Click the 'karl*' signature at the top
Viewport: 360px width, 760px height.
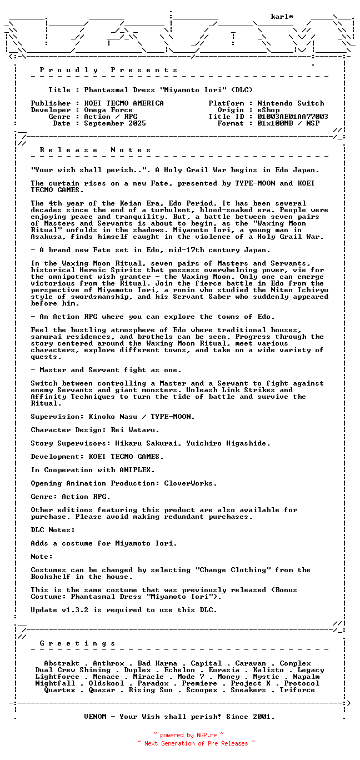pyautogui.click(x=282, y=17)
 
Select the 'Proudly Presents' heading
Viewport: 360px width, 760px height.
pyautogui.click(x=108, y=70)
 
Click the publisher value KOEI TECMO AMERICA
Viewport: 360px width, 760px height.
pyautogui.click(x=124, y=103)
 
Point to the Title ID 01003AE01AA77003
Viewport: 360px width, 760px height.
pyautogui.click(x=293, y=117)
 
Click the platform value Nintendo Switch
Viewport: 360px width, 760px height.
pyautogui.click(x=291, y=103)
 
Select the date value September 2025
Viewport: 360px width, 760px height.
pyautogui.click(x=115, y=123)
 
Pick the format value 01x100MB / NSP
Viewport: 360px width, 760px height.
pyautogui.click(x=288, y=123)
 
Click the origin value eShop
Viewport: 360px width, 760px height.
pyautogui.click(x=268, y=110)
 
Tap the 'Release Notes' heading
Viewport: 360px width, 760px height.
pyautogui.click(x=95, y=150)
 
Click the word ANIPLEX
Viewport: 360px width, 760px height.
pyautogui.click(x=137, y=470)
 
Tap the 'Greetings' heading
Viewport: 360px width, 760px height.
pyautogui.click(x=77, y=643)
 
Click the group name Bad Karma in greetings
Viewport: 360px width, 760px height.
pyautogui.click(x=157, y=663)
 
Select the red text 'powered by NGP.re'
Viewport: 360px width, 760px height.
pyautogui.click(x=188, y=735)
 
